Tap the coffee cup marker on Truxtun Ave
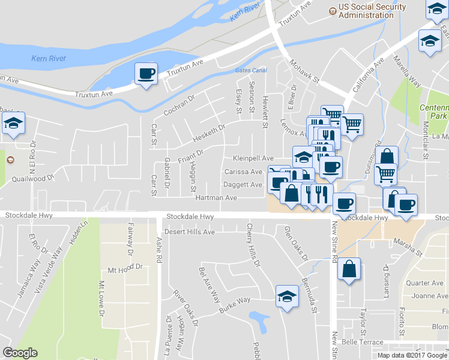(x=146, y=74)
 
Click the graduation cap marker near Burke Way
(x=287, y=297)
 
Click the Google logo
(x=20, y=353)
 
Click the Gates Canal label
(x=250, y=70)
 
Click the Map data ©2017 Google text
(x=412, y=355)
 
